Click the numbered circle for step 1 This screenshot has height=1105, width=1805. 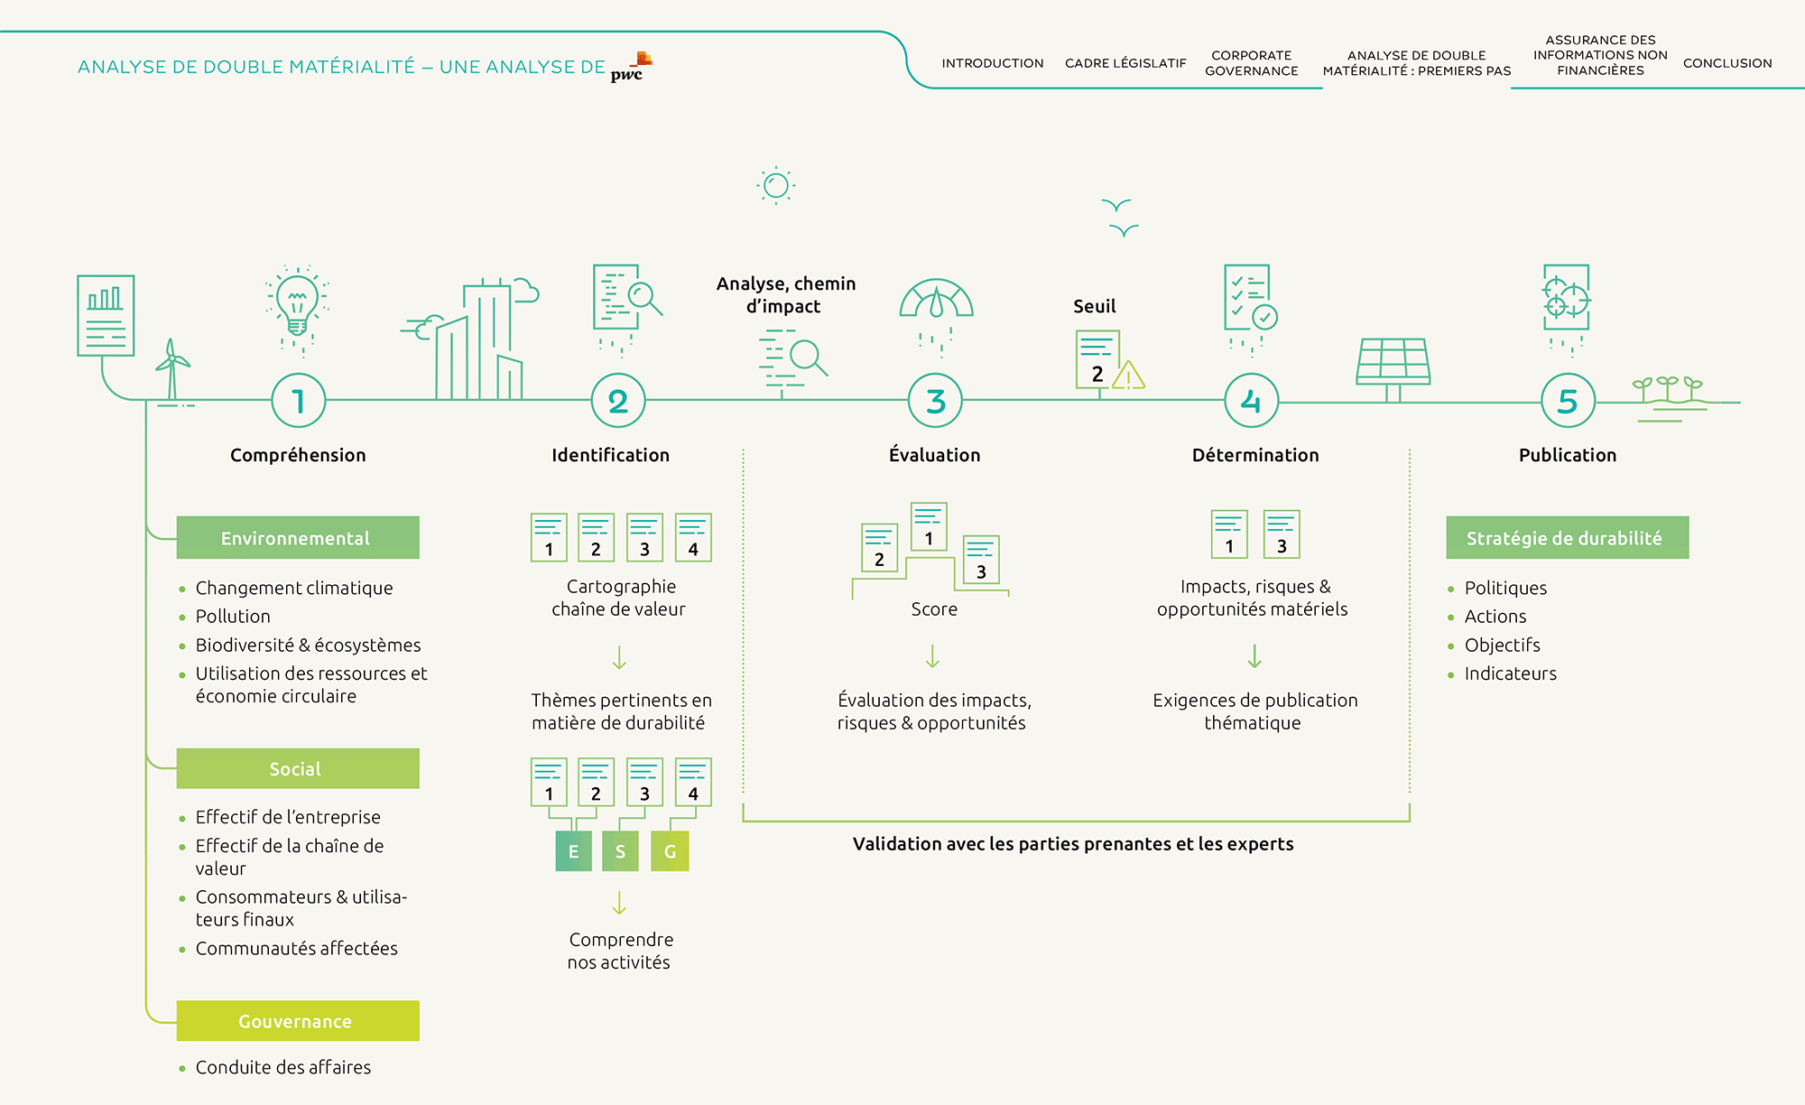click(x=298, y=401)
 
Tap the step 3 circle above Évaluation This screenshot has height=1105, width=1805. click(x=935, y=401)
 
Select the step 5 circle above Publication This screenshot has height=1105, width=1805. click(x=1568, y=401)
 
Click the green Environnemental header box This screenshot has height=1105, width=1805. click(x=298, y=538)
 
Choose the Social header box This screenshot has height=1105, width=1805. click(x=298, y=768)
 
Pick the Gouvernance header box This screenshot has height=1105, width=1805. click(x=298, y=1021)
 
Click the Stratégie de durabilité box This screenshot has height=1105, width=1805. click(x=1567, y=538)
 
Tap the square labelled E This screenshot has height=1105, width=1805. click(x=573, y=851)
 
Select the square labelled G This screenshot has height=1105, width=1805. click(x=670, y=851)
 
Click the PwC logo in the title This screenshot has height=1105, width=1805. click(x=631, y=68)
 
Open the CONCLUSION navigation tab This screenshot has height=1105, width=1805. click(x=1727, y=63)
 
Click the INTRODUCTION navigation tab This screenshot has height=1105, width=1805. click(x=993, y=63)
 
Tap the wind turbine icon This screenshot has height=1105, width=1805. click(x=172, y=370)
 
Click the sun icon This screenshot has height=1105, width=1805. click(x=776, y=186)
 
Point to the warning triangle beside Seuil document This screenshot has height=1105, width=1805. click(x=1128, y=375)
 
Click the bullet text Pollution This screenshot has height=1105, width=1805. click(x=233, y=617)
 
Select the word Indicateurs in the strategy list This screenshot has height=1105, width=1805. click(x=1511, y=673)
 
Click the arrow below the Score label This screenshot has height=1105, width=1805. click(x=933, y=656)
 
